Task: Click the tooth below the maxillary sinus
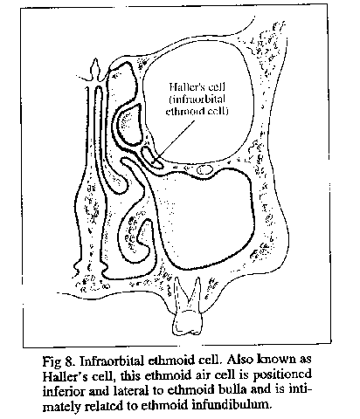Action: tap(188, 308)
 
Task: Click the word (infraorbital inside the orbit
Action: tap(197, 100)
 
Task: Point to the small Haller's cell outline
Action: tap(152, 157)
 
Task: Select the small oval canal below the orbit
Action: tap(204, 169)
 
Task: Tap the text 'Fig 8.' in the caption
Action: tap(59, 361)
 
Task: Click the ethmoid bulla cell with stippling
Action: tap(129, 124)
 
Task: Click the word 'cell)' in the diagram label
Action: tap(216, 111)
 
